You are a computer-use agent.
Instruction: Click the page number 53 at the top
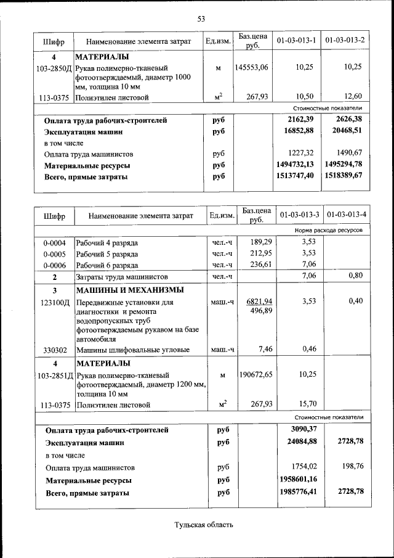(x=201, y=18)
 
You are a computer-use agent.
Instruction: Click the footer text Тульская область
(x=204, y=525)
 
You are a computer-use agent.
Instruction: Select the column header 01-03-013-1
(x=297, y=41)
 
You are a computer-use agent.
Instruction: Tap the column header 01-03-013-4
(x=347, y=215)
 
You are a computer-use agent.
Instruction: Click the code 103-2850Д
(x=54, y=67)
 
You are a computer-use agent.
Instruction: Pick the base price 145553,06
(x=251, y=67)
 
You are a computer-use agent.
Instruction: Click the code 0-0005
(x=54, y=253)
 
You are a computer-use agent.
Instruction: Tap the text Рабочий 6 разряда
(x=107, y=265)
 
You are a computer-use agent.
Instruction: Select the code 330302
(x=55, y=350)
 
